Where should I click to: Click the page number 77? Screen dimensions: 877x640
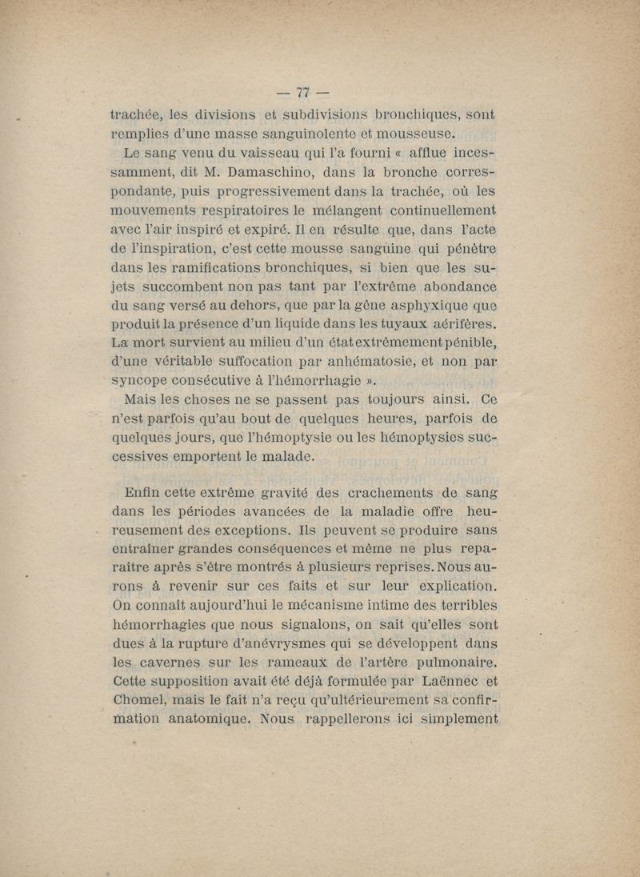pos(302,90)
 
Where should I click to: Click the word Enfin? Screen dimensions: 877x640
pos(144,492)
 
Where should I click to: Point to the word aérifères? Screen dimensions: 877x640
pos(458,324)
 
